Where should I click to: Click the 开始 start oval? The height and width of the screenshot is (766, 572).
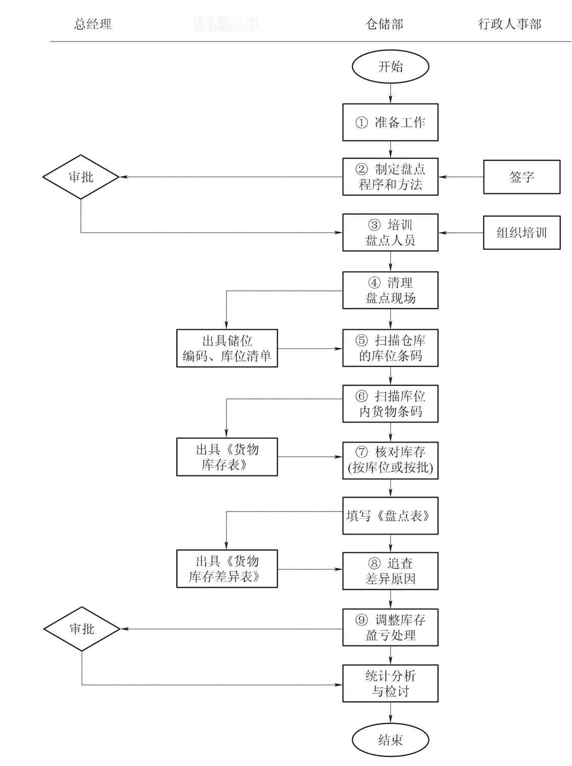tap(390, 67)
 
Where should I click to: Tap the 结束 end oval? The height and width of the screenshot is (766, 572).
tap(390, 740)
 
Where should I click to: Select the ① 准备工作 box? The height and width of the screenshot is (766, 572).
tap(390, 122)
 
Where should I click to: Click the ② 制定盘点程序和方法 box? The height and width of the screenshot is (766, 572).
tap(390, 177)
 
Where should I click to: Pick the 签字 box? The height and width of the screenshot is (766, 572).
tap(522, 177)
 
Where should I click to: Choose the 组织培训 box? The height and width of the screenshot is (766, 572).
tap(522, 233)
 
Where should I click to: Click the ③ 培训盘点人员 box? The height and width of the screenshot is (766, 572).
tap(390, 232)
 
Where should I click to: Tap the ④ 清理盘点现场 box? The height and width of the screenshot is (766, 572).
tap(390, 290)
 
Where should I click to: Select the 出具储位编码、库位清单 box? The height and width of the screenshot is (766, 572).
tap(227, 348)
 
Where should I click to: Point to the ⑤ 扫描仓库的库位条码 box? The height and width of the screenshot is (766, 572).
tap(390, 348)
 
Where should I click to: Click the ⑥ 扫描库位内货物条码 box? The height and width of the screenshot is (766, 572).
tap(390, 404)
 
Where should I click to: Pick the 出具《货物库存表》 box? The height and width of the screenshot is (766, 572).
tap(227, 457)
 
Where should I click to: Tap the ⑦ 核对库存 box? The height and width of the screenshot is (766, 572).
tap(390, 460)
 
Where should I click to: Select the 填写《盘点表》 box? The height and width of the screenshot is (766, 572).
tap(390, 516)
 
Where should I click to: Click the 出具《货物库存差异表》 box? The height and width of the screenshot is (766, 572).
tap(227, 569)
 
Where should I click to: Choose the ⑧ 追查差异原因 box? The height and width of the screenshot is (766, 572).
tap(390, 571)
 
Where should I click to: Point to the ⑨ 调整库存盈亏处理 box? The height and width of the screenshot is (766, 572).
tap(390, 628)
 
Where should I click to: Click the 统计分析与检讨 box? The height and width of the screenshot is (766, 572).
tap(390, 684)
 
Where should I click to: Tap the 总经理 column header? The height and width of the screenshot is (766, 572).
tap(93, 24)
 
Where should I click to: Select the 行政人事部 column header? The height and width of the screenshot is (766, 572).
tap(509, 24)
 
